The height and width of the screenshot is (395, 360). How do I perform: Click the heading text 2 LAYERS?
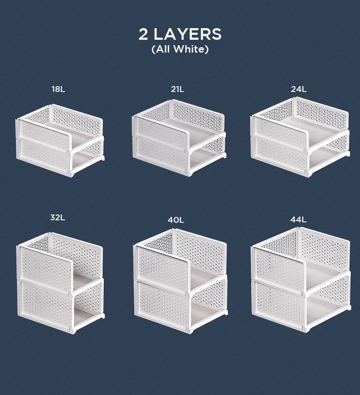[x=180, y=34]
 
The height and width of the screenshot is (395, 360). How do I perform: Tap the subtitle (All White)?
[x=180, y=49]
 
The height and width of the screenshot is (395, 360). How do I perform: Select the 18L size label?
[x=58, y=89]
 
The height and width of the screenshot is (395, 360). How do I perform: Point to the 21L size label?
[x=178, y=89]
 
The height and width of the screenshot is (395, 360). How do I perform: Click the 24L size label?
[x=299, y=89]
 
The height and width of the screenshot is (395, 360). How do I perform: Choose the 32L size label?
[x=58, y=217]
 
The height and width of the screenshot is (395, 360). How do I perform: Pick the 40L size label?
[x=176, y=220]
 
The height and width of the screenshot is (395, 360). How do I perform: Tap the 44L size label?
[x=298, y=219]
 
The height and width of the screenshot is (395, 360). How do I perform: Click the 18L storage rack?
[x=60, y=140]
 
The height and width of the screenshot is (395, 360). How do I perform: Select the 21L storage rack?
[x=179, y=138]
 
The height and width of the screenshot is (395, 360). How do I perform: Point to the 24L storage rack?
[x=300, y=137]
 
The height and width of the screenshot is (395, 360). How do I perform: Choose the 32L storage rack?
[x=60, y=283]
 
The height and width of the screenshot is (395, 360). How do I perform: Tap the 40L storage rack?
[x=180, y=281]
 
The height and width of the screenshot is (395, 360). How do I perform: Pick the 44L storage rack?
[x=301, y=279]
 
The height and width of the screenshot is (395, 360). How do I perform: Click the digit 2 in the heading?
[x=143, y=34]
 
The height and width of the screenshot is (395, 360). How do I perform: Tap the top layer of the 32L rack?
[x=60, y=262]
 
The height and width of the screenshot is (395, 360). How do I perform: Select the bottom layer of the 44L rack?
[x=301, y=302]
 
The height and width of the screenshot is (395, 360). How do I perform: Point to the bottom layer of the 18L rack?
[x=60, y=156]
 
